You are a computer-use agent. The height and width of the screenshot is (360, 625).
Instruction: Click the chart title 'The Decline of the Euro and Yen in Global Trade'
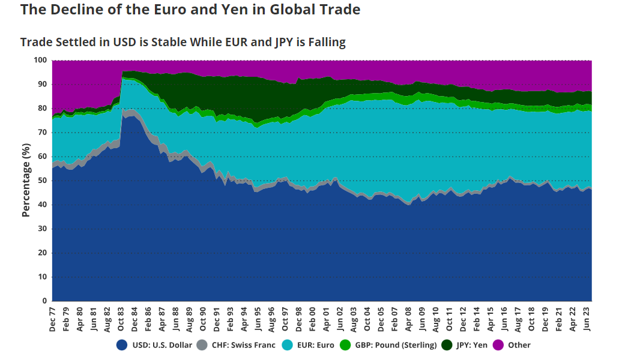(190, 10)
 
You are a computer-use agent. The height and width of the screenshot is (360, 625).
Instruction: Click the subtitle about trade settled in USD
(183, 42)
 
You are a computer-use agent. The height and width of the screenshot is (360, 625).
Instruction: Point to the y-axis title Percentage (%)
(26, 180)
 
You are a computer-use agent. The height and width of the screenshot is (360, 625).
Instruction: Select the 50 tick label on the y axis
(42, 181)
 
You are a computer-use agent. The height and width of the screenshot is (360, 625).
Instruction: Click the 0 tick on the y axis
(44, 301)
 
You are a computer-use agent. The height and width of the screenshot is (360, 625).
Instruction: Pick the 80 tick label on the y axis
(42, 109)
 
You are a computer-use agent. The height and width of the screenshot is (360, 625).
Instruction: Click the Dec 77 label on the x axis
(53, 319)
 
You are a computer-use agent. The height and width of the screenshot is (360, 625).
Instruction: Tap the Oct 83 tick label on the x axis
(121, 319)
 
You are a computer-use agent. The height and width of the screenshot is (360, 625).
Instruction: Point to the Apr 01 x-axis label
(327, 319)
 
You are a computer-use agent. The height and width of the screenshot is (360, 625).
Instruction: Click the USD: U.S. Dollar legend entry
(155, 345)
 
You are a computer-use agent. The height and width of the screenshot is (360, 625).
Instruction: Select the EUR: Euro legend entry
(311, 345)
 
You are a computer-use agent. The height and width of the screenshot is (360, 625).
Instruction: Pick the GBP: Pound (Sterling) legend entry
(388, 345)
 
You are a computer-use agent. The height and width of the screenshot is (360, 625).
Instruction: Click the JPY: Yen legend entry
(465, 345)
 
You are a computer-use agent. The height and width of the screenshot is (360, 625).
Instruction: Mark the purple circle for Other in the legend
(498, 345)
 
